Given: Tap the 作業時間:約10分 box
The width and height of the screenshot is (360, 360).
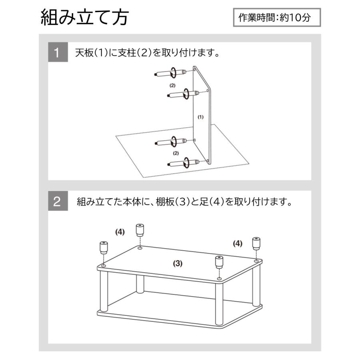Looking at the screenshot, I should (277, 18).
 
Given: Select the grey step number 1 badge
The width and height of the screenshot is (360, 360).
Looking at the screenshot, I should (57, 53).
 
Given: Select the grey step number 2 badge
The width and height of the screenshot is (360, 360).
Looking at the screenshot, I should (57, 202).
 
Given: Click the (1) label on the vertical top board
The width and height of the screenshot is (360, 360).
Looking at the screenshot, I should (201, 117).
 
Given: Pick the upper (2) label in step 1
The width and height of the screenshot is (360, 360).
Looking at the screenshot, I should (172, 85).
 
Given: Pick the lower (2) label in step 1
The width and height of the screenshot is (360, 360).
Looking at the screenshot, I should (175, 153).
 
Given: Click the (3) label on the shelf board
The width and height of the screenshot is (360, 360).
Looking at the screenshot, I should (178, 263).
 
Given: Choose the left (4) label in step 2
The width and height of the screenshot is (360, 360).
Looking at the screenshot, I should (120, 232).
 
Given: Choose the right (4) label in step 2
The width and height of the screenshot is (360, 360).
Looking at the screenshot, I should (238, 243).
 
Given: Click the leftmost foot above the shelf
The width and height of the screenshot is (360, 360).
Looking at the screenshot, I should (103, 248).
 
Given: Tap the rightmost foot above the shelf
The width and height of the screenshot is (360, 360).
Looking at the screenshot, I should (256, 243).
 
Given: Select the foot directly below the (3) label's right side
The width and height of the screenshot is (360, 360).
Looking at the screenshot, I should (219, 262).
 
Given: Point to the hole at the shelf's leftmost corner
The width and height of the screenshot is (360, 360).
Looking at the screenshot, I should (104, 265).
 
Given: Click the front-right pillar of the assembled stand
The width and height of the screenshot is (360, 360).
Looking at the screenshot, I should (219, 302).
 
